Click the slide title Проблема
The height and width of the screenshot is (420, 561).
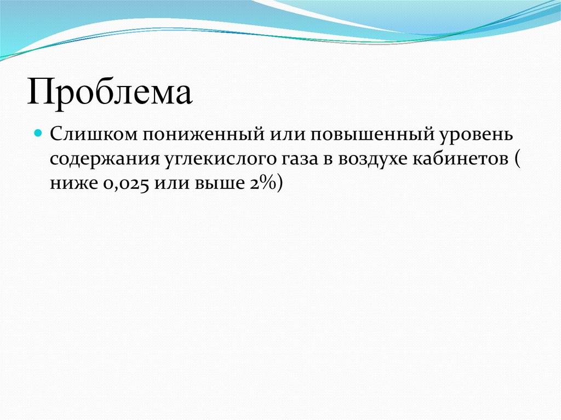click(110, 93)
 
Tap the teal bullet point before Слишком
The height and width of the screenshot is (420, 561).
click(38, 133)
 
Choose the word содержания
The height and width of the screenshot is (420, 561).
click(102, 159)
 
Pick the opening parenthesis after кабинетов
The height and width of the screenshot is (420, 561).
click(518, 159)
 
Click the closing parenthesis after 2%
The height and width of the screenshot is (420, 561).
click(280, 185)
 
